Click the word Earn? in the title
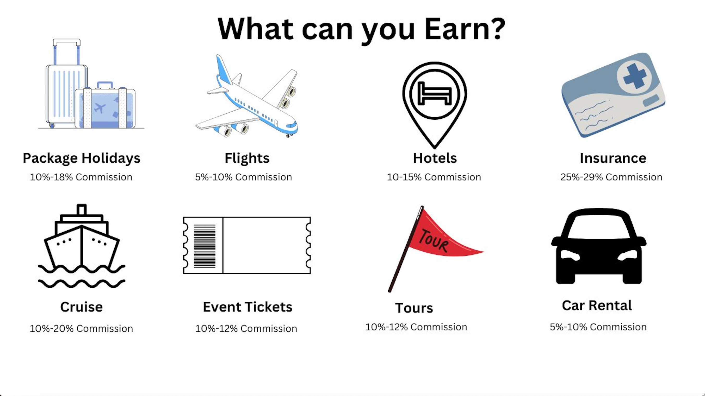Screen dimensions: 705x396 tap(465, 29)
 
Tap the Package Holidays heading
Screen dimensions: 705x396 tap(82, 158)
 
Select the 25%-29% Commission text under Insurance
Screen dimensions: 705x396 tap(611, 177)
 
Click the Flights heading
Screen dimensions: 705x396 tap(247, 158)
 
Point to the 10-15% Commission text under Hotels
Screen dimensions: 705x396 tap(434, 177)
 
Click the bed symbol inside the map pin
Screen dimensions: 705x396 tap(435, 93)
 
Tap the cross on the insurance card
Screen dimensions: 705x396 tap(635, 76)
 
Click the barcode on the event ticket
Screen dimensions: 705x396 tap(205, 246)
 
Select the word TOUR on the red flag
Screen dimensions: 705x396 tap(434, 240)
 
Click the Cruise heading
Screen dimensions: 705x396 tap(81, 307)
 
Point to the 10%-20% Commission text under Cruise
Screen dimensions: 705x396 tap(81, 329)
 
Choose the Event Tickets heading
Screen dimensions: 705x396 tap(248, 307)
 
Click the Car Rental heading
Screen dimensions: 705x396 tap(597, 305)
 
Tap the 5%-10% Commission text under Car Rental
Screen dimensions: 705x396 tap(598, 327)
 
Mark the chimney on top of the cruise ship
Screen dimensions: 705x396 tap(82, 209)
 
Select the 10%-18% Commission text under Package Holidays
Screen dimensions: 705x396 tap(81, 177)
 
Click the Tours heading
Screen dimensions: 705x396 tap(414, 308)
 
